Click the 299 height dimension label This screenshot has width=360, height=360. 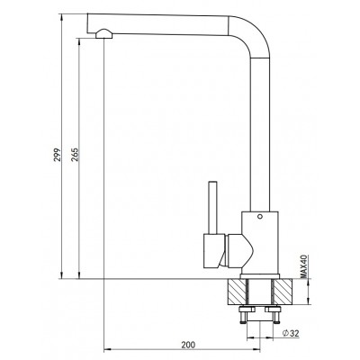tap(57, 155)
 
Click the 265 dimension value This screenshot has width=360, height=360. tap(75, 155)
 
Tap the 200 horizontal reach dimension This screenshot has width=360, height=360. tap(188, 345)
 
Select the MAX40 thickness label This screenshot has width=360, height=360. tap(304, 266)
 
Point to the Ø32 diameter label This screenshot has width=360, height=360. tap(291, 333)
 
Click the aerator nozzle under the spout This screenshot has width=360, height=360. tap(103, 33)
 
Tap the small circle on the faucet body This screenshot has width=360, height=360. tap(260, 216)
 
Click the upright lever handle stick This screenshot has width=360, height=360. tap(213, 207)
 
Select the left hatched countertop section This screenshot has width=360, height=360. tap(238, 292)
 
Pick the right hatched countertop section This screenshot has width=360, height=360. tap(282, 292)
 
